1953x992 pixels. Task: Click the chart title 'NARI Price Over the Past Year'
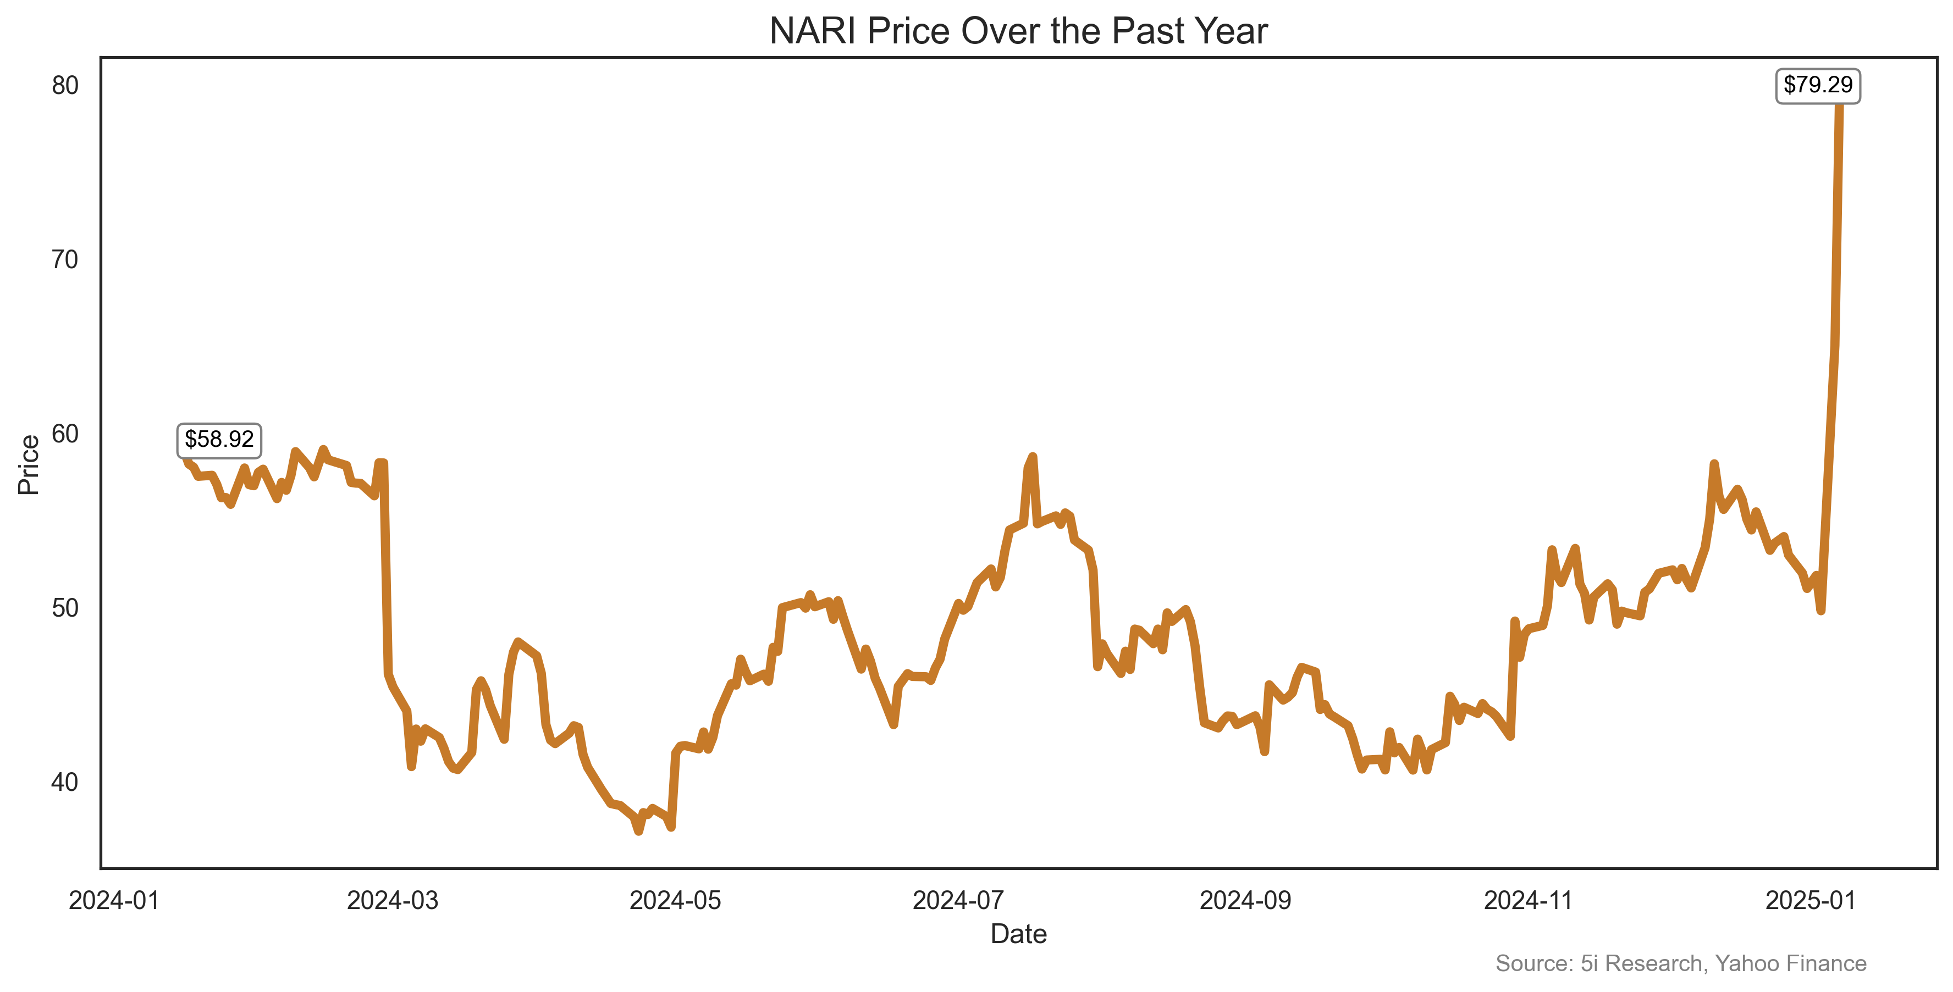(x=1018, y=32)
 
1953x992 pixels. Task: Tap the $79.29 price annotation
(x=1817, y=85)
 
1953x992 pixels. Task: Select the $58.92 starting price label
(x=219, y=440)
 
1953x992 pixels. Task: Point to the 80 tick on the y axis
(x=65, y=86)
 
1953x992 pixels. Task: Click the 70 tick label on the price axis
(x=65, y=260)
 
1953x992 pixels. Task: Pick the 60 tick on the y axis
(x=65, y=434)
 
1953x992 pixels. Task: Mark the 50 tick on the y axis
(x=65, y=608)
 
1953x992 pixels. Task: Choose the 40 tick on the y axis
(x=65, y=782)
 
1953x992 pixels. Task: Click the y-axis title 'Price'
(x=29, y=464)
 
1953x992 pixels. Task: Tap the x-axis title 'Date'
(x=1018, y=934)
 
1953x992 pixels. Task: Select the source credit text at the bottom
(x=1681, y=963)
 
